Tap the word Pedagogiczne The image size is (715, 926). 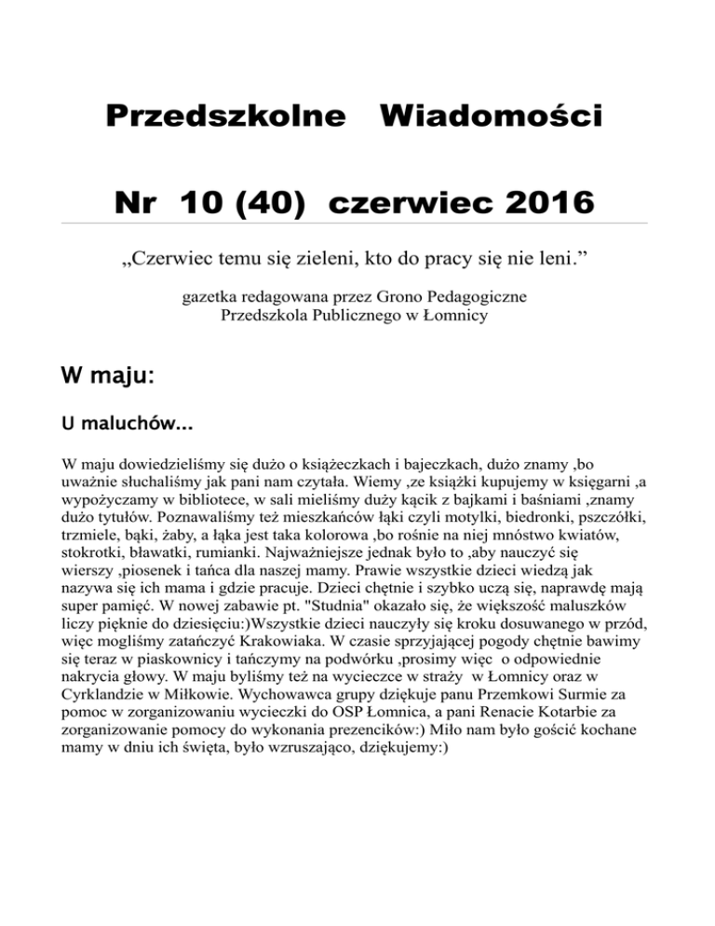475,297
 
